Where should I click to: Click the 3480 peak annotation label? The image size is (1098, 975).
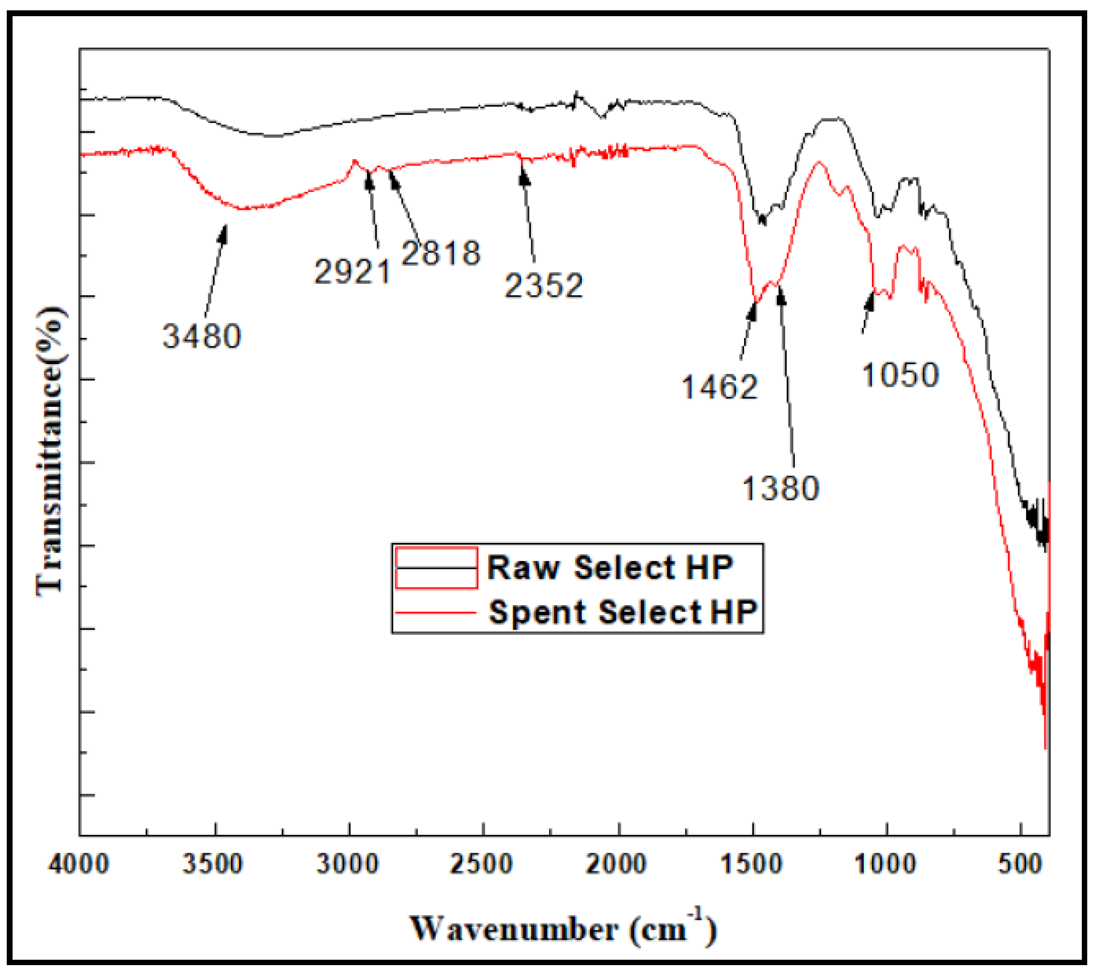coord(202,337)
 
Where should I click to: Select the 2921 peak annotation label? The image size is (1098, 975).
coord(352,272)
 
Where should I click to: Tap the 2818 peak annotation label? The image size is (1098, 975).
coord(440,253)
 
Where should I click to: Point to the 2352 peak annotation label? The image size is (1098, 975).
coord(544,286)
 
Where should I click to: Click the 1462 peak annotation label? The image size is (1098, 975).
coord(719,387)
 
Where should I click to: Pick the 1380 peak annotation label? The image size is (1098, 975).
coord(780,489)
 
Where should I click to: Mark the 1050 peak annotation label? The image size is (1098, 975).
coord(901,375)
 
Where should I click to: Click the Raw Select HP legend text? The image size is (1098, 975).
coord(610,568)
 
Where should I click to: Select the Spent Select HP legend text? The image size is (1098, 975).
coord(623,612)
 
